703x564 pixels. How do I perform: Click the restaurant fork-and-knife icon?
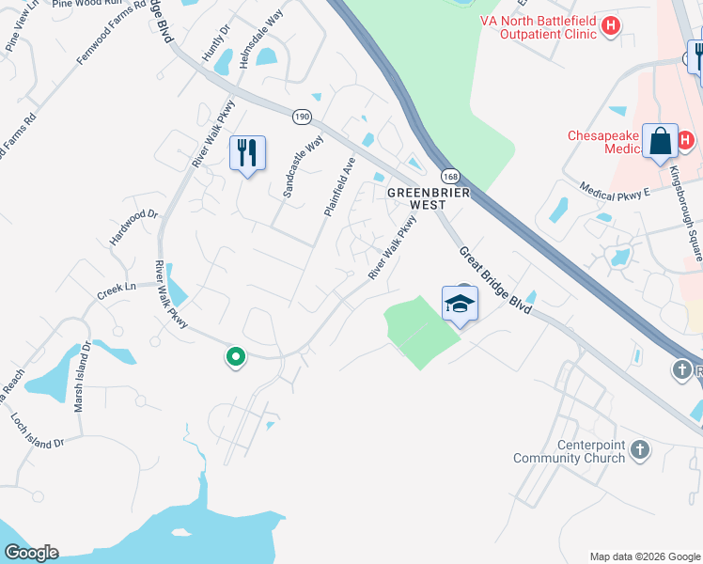(247, 152)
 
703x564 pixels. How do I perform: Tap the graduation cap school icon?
(460, 304)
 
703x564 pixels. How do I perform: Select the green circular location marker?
(235, 357)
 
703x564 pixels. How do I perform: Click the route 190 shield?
(302, 117)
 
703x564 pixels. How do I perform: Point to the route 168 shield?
(449, 176)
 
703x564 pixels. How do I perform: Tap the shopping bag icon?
(661, 141)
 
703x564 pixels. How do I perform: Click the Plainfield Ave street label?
(340, 186)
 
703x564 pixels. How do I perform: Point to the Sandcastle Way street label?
(303, 166)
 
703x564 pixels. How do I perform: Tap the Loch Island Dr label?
(39, 429)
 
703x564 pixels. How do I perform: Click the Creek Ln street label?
(117, 290)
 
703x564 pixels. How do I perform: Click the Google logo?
(31, 553)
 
